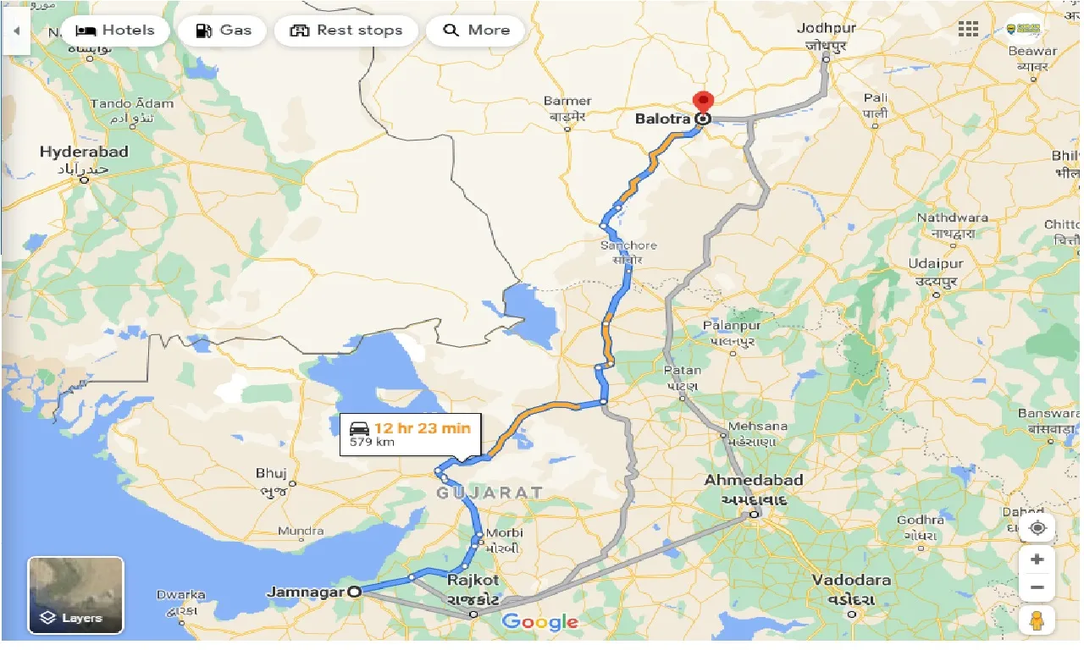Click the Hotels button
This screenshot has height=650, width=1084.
coord(114,30)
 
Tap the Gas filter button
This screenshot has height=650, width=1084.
coord(224,30)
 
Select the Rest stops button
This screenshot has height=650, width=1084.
coord(346,30)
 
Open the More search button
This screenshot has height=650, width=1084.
coord(476,30)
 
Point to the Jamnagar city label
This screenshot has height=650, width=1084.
coord(305,592)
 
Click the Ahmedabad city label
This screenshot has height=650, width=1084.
coord(754,481)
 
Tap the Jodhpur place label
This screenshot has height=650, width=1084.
coord(827,28)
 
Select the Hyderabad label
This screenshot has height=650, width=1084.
coord(84,152)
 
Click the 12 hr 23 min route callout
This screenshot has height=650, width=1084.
coord(411,434)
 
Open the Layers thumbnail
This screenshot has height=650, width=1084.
coord(76,594)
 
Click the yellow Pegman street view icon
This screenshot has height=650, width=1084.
coord(1037,620)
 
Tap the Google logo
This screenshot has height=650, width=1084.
coord(539,623)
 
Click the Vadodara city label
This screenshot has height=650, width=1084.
coord(851,581)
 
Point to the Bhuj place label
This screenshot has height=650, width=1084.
coord(271,473)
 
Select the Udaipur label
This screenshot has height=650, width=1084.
coord(936,263)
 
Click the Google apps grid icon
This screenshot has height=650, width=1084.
coord(968,30)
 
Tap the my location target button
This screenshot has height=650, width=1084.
coord(1037,528)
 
